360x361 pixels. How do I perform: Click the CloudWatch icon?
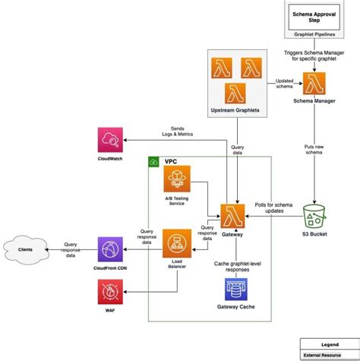pos(111,141)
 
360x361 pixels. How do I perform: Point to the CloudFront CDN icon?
pos(111,249)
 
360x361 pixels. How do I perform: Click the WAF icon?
pos(111,291)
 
